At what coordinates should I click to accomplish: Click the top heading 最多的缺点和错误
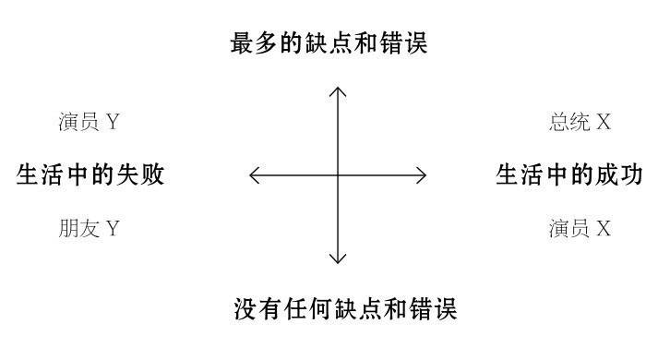click(x=329, y=42)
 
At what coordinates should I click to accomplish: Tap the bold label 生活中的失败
click(x=90, y=174)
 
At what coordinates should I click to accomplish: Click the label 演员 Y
click(x=89, y=123)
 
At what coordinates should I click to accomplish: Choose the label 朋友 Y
click(x=89, y=229)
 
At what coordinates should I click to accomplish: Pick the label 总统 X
click(x=580, y=123)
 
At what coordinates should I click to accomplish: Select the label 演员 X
click(x=580, y=229)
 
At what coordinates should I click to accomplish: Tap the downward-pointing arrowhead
click(x=338, y=260)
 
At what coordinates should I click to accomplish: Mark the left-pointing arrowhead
click(x=253, y=174)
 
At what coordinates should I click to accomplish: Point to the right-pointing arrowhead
click(x=424, y=174)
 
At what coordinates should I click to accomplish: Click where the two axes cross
click(x=338, y=174)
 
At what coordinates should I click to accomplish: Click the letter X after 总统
click(x=604, y=123)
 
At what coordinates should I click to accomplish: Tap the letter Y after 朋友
click(x=113, y=229)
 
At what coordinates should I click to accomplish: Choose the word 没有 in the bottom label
click(x=254, y=308)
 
